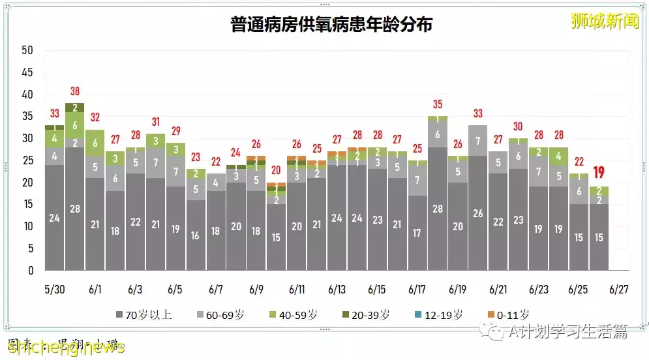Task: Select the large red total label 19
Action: pyautogui.click(x=599, y=173)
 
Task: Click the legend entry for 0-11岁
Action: pyautogui.click(x=509, y=314)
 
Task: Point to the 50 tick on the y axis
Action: pyautogui.click(x=27, y=50)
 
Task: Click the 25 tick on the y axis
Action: pyautogui.click(x=27, y=160)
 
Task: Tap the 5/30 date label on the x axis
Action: pyautogui.click(x=55, y=289)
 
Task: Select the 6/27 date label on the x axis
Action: pyautogui.click(x=619, y=289)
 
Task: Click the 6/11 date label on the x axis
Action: pyautogui.click(x=297, y=289)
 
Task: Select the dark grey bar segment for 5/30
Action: pyautogui.click(x=55, y=217)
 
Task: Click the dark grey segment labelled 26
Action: pyautogui.click(x=478, y=213)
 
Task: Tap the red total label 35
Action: pyautogui.click(x=438, y=104)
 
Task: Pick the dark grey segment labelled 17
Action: pyautogui.click(x=417, y=233)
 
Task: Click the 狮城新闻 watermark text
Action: pyautogui.click(x=595, y=21)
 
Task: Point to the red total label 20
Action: pyautogui.click(x=277, y=170)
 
